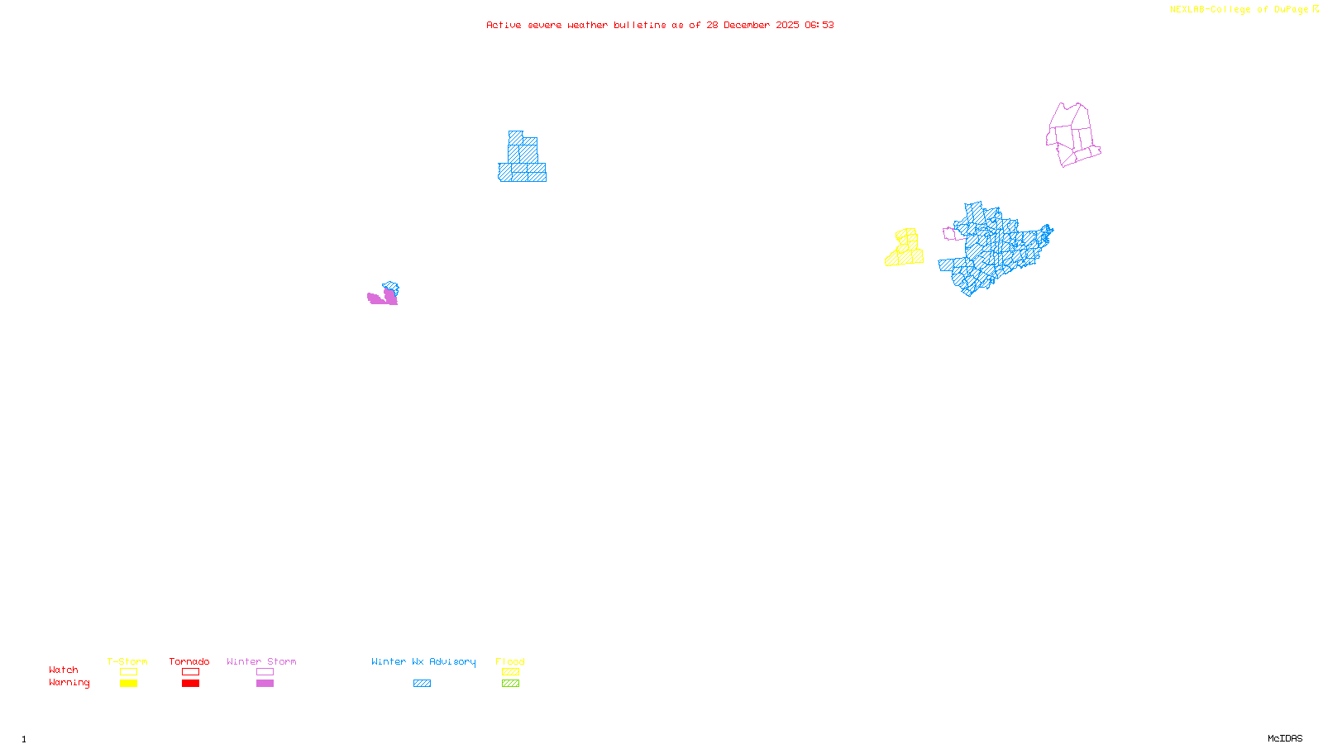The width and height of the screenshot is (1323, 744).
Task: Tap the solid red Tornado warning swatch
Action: click(190, 683)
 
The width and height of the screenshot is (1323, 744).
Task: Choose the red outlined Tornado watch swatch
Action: click(190, 672)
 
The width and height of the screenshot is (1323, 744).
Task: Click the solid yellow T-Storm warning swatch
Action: click(128, 683)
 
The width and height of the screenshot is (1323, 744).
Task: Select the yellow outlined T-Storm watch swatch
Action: click(128, 672)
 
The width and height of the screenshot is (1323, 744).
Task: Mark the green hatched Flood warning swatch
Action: click(510, 683)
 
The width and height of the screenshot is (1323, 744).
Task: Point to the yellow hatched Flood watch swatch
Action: click(510, 672)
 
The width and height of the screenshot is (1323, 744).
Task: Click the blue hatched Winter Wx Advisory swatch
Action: click(422, 683)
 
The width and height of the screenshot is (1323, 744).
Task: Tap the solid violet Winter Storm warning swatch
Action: click(265, 683)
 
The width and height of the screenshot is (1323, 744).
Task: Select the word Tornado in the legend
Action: click(189, 661)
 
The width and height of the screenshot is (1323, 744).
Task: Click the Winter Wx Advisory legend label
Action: click(423, 661)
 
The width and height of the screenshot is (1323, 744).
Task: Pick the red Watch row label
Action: click(64, 670)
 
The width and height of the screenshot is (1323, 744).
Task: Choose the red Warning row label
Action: click(69, 683)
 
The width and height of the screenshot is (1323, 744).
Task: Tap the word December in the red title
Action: click(747, 25)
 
